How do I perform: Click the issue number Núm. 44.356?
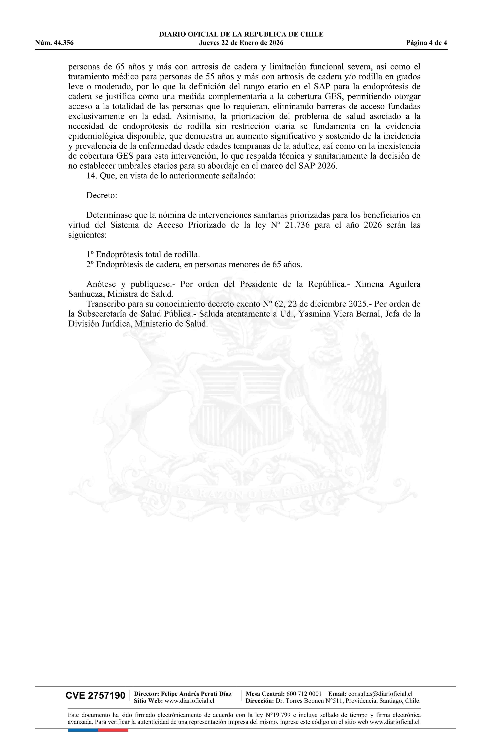pos(54,43)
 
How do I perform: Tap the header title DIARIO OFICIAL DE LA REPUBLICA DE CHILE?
pos(241,34)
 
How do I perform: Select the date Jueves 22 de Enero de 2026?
pos(241,43)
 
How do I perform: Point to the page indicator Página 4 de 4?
pos(426,43)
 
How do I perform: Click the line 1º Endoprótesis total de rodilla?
pos(143,254)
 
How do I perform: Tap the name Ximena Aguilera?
pos(387,284)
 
